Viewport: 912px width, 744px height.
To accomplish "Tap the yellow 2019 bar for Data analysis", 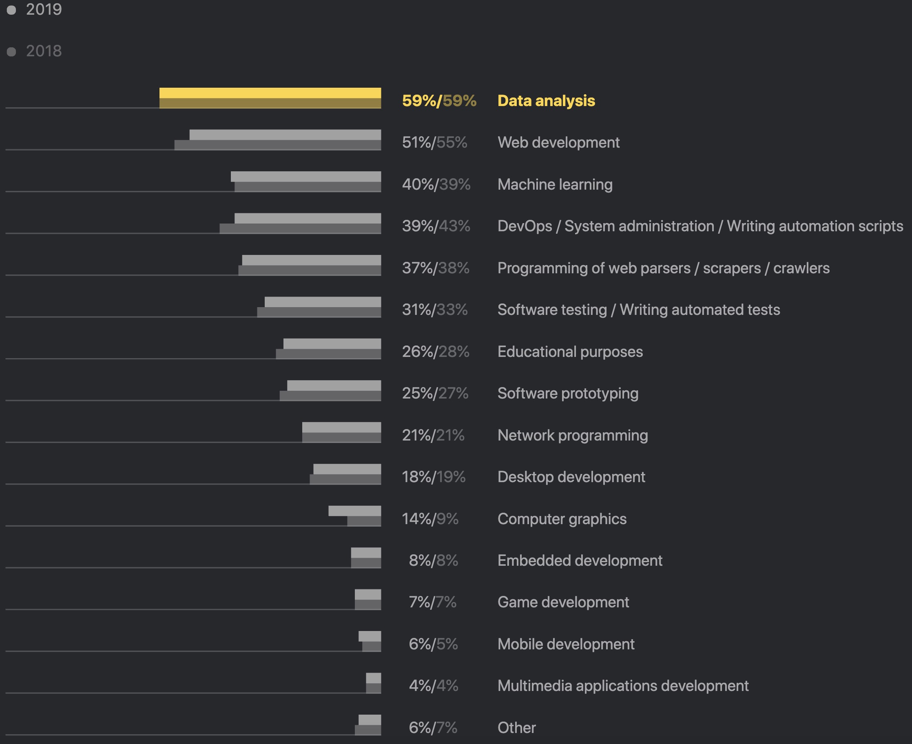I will pyautogui.click(x=270, y=93).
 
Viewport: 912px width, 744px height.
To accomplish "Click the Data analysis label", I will pyautogui.click(x=546, y=101).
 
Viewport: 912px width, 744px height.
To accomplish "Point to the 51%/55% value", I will pyautogui.click(x=434, y=142).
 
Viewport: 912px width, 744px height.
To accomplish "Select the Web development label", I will pyautogui.click(x=558, y=142).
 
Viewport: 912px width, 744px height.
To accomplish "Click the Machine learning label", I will pyautogui.click(x=555, y=184).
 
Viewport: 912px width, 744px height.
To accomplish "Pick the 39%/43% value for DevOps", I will pyautogui.click(x=436, y=226).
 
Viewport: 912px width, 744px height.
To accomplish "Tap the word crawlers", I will pyautogui.click(x=801, y=268).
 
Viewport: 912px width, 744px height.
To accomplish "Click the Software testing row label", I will pyautogui.click(x=639, y=310).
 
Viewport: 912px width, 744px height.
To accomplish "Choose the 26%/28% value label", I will pyautogui.click(x=436, y=352).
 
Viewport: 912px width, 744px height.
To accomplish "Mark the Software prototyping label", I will pyautogui.click(x=568, y=393).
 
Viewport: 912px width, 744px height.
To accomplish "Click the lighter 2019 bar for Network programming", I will pyautogui.click(x=341, y=427).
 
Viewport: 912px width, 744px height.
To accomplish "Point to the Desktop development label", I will pyautogui.click(x=571, y=476).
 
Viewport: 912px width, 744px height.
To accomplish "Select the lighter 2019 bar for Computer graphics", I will pyautogui.click(x=354, y=511).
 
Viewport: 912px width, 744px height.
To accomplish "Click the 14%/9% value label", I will pyautogui.click(x=430, y=518).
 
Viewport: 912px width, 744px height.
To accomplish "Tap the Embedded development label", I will pyautogui.click(x=580, y=560).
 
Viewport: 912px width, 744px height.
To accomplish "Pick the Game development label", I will pyautogui.click(x=563, y=602).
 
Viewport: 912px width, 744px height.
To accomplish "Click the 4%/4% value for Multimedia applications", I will pyautogui.click(x=433, y=686).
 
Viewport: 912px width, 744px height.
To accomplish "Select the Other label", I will pyautogui.click(x=516, y=727).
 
